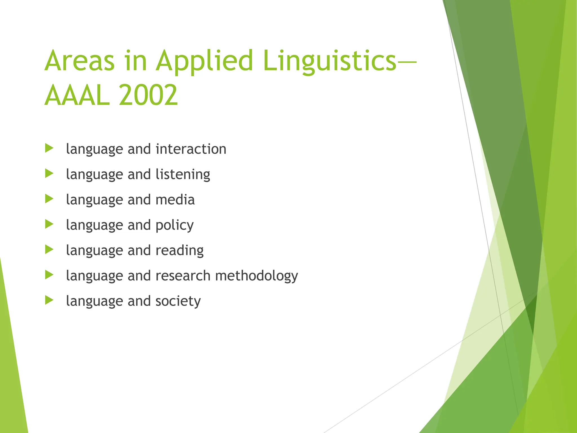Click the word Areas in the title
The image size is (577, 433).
pyautogui.click(x=80, y=61)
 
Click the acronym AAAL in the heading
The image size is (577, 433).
pyautogui.click(x=77, y=95)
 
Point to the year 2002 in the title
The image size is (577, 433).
pyautogui.click(x=148, y=95)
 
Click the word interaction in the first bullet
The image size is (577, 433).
pyautogui.click(x=191, y=149)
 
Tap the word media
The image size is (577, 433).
pyautogui.click(x=175, y=200)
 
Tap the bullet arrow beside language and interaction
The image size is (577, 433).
pyautogui.click(x=49, y=148)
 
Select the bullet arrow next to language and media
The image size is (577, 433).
pyautogui.click(x=49, y=199)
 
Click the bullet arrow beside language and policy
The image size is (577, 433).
pyautogui.click(x=49, y=224)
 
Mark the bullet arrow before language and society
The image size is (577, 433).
pyautogui.click(x=49, y=300)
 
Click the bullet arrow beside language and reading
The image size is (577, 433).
pyautogui.click(x=49, y=249)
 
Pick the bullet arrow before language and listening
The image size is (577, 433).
pyautogui.click(x=49, y=173)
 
